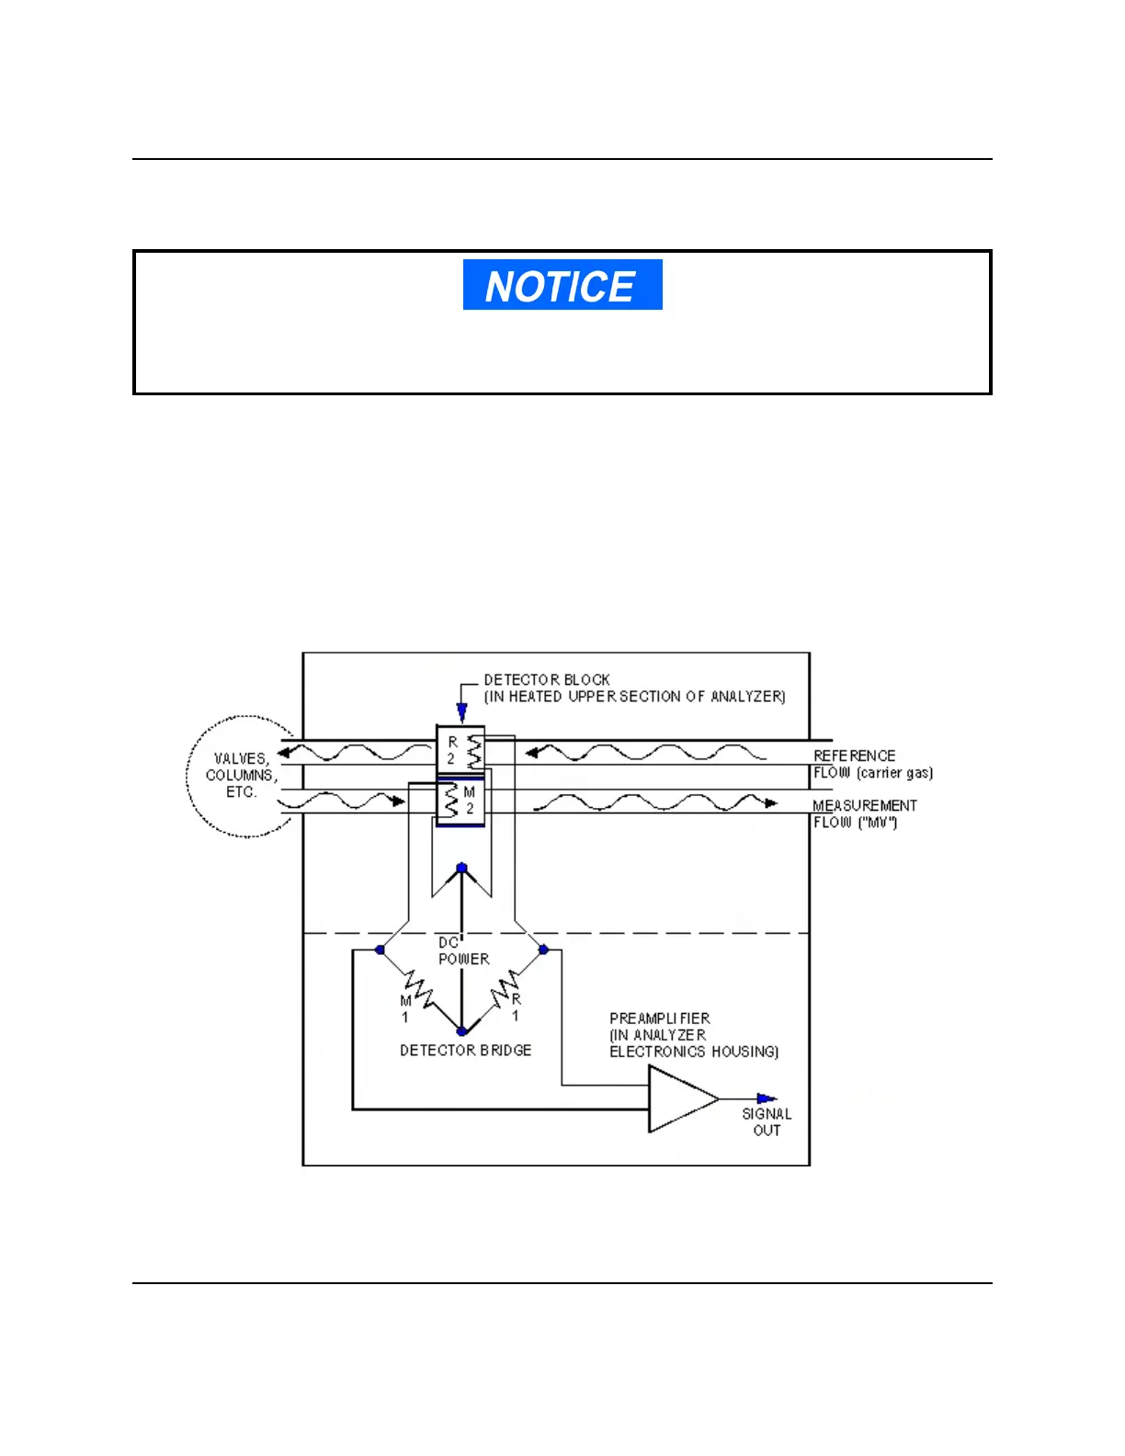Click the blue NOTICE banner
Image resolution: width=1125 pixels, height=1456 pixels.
pyautogui.click(x=562, y=285)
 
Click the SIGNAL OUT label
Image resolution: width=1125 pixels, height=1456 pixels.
pyautogui.click(x=767, y=1121)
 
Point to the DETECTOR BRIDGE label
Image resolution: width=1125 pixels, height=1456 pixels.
pyautogui.click(x=465, y=1050)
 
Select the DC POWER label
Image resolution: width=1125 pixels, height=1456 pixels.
pyautogui.click(x=462, y=951)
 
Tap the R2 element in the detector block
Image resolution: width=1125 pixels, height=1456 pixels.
pyautogui.click(x=461, y=751)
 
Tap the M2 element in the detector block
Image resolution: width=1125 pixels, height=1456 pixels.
pyautogui.click(x=460, y=801)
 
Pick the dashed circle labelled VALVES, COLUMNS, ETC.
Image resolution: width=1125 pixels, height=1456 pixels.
pyautogui.click(x=241, y=776)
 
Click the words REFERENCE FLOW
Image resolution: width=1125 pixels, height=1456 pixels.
pyautogui.click(x=855, y=756)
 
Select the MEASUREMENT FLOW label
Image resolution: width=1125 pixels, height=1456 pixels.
pyautogui.click(x=864, y=806)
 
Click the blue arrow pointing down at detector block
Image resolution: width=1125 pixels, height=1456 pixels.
pyautogui.click(x=461, y=711)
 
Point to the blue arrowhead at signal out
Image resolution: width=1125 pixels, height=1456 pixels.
pyautogui.click(x=767, y=1098)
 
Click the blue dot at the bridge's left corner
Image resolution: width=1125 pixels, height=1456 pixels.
pyautogui.click(x=381, y=950)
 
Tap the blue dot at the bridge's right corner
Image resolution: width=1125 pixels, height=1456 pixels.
pyautogui.click(x=543, y=950)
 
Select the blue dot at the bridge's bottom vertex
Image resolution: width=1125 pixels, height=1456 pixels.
pyautogui.click(x=461, y=1032)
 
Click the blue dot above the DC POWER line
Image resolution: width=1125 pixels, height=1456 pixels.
pyautogui.click(x=462, y=868)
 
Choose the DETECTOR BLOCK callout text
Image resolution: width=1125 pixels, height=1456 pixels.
pyautogui.click(x=634, y=688)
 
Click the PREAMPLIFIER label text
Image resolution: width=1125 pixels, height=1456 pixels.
pyautogui.click(x=660, y=1018)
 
